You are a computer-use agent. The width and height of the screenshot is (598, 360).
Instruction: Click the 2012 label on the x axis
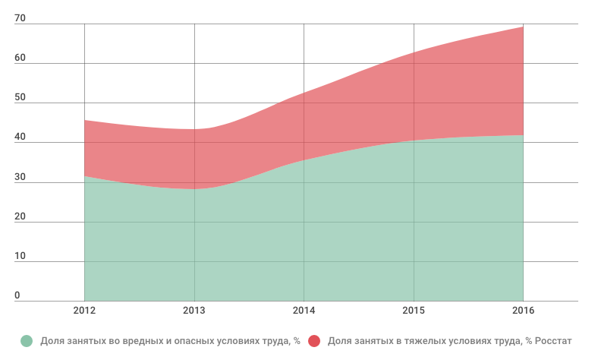(x=84, y=311)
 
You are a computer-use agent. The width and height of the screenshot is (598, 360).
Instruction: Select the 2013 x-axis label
(x=194, y=311)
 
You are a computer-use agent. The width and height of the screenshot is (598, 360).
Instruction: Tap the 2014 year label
(x=304, y=311)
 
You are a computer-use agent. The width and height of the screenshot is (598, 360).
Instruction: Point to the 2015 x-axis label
(x=414, y=311)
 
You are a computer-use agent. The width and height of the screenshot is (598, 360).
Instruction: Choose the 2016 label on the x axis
(x=523, y=311)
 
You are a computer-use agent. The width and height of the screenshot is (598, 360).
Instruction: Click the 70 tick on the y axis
(x=20, y=19)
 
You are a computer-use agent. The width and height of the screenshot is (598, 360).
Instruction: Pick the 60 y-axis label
(x=20, y=58)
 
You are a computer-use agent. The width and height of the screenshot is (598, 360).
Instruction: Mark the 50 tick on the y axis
(x=20, y=98)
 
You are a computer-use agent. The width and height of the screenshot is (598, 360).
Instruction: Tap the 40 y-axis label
(x=20, y=137)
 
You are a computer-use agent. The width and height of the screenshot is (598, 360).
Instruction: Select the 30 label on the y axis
(x=20, y=177)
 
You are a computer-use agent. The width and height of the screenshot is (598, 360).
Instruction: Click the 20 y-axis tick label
(x=20, y=216)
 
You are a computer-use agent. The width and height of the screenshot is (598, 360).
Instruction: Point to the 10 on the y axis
(x=20, y=256)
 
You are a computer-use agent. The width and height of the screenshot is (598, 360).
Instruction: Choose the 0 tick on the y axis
(x=17, y=295)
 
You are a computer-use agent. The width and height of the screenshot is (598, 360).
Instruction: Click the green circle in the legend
(x=27, y=341)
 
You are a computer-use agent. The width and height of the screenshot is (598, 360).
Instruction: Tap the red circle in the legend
(x=314, y=341)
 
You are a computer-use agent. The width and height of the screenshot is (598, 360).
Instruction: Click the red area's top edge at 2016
(x=523, y=27)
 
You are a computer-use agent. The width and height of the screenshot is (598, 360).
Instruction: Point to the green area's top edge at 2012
(x=85, y=176)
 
